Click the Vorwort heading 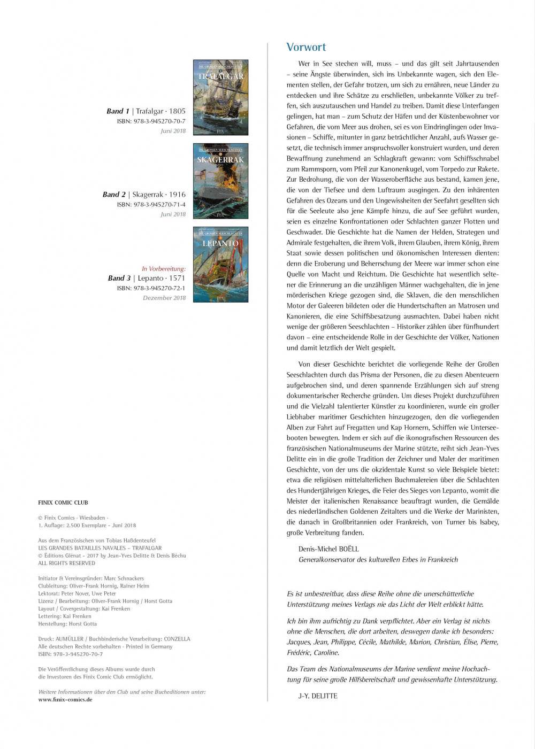pyautogui.click(x=306, y=48)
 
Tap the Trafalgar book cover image pyautogui.click(x=220, y=97)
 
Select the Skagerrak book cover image pyautogui.click(x=220, y=181)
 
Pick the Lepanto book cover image pyautogui.click(x=220, y=264)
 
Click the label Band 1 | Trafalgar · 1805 pyautogui.click(x=146, y=111)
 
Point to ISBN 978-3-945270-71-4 pyautogui.click(x=151, y=205)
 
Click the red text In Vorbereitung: pyautogui.click(x=163, y=268)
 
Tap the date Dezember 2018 pyautogui.click(x=164, y=298)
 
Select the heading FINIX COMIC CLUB pyautogui.click(x=63, y=503)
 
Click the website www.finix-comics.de pyautogui.click(x=65, y=699)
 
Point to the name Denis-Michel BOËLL pyautogui.click(x=328, y=549)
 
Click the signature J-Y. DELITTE pyautogui.click(x=318, y=696)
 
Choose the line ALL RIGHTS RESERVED pyautogui.click(x=67, y=563)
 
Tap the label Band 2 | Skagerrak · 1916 pyautogui.click(x=144, y=195)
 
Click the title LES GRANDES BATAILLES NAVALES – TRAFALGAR pyautogui.click(x=100, y=548)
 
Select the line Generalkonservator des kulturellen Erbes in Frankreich pyautogui.click(x=378, y=560)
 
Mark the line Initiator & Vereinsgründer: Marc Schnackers pyautogui.click(x=91, y=578)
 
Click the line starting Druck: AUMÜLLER pyautogui.click(x=114, y=639)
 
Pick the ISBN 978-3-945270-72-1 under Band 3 pyautogui.click(x=151, y=288)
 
